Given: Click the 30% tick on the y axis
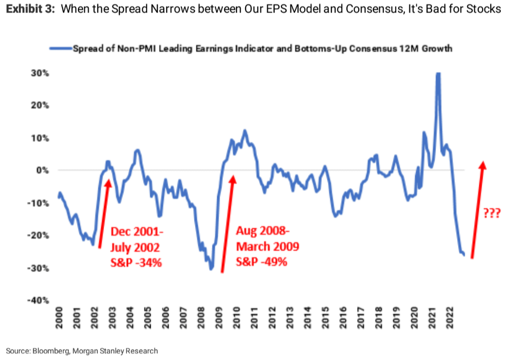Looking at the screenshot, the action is [x=40, y=73].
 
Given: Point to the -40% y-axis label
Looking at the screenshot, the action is [x=39, y=300].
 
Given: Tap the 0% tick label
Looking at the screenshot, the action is [x=43, y=170].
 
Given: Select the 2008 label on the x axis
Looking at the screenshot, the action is [x=201, y=318].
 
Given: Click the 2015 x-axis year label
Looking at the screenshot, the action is [x=325, y=318].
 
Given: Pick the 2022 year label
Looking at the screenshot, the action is [x=450, y=318].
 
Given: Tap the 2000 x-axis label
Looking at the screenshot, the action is [x=59, y=318].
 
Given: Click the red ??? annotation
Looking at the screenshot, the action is [x=491, y=213].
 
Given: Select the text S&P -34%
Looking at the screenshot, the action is [x=136, y=262].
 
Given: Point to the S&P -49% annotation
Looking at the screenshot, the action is [x=262, y=262].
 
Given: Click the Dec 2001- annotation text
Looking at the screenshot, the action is [x=137, y=231].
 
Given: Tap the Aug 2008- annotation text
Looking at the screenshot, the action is [x=263, y=230].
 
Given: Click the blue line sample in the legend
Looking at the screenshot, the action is [x=61, y=49].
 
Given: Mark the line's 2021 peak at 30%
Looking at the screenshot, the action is [x=438, y=73].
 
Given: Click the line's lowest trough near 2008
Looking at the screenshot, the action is [x=211, y=269].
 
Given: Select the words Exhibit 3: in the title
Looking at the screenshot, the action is [x=30, y=9].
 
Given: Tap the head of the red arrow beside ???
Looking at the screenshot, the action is [x=483, y=165].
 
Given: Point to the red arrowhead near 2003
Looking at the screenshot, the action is [x=108, y=184].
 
